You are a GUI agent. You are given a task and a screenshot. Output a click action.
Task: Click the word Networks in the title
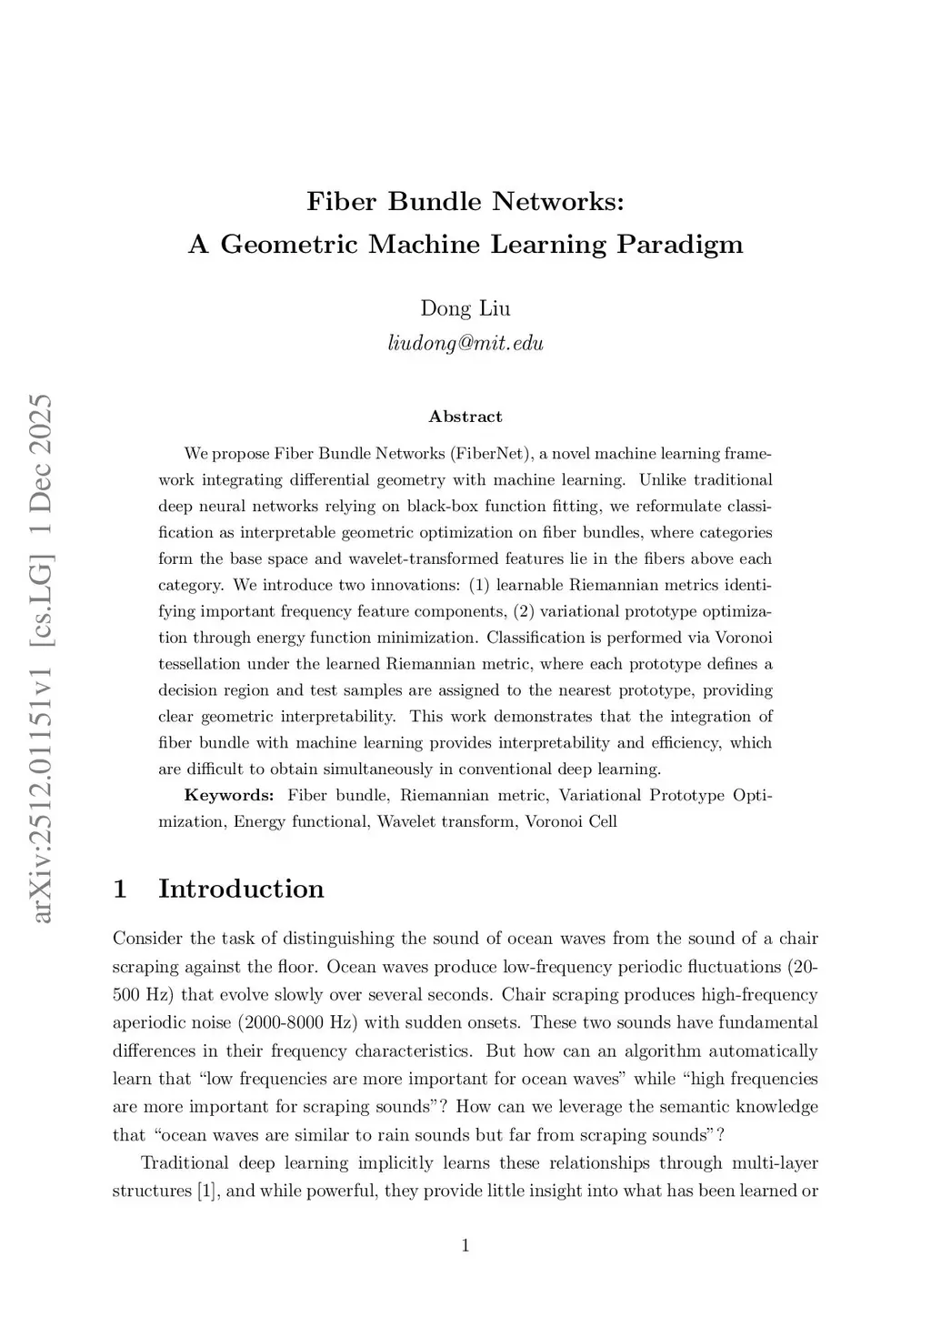(x=558, y=201)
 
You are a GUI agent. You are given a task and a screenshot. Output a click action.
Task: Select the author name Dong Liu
(x=465, y=308)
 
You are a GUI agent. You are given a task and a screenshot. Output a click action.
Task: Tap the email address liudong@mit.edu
(x=465, y=343)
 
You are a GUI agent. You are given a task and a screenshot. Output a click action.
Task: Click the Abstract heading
(x=465, y=417)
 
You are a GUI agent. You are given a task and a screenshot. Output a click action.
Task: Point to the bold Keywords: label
(x=229, y=796)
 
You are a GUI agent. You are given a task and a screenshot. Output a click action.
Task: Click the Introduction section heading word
(x=241, y=889)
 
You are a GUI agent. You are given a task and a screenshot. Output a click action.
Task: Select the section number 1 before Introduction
(x=119, y=889)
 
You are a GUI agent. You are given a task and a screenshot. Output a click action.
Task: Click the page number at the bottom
(x=465, y=1246)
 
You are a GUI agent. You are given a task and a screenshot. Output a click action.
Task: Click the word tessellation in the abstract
(x=200, y=664)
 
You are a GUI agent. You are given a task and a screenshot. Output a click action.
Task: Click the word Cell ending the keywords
(x=601, y=822)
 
